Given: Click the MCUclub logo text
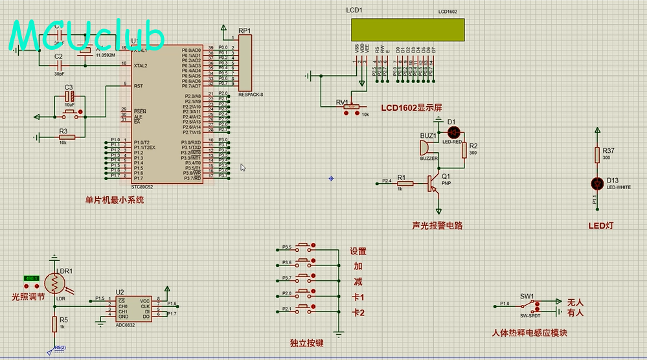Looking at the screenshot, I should point(87,36).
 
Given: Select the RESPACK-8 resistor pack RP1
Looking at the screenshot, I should point(245,62).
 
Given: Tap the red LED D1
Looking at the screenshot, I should point(453,132).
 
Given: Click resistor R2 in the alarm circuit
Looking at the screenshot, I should point(464,150).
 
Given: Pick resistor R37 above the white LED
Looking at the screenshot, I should point(597,154).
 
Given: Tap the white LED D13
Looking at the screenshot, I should point(597,183).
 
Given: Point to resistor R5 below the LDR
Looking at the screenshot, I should point(55,323).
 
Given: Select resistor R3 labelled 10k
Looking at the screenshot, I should point(67,137).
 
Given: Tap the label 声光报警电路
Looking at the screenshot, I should point(437,226).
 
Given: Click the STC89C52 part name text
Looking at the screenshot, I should point(142,187).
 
